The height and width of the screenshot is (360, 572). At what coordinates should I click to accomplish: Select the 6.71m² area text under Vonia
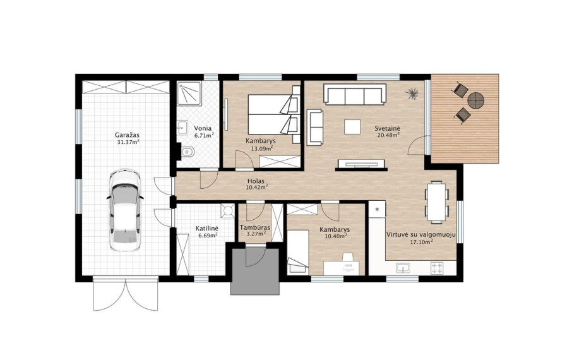coord(204,135)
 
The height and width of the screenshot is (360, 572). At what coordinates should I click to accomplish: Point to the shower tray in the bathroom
coord(189,93)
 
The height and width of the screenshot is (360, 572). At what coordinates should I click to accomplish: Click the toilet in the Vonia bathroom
coord(188,151)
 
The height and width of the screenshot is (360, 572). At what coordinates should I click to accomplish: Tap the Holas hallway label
coord(256,181)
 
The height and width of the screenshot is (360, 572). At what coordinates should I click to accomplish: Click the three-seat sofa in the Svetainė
coord(355,94)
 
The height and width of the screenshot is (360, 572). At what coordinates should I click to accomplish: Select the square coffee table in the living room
coord(352,127)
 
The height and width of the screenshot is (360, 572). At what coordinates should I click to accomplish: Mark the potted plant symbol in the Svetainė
coord(412,93)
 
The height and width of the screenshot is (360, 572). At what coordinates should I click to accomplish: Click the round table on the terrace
coord(475,100)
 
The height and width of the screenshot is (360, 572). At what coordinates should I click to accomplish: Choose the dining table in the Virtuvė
coord(437,201)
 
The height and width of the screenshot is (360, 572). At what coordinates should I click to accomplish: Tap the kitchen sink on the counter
coord(403,268)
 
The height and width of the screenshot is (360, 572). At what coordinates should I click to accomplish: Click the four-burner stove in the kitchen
coord(437,268)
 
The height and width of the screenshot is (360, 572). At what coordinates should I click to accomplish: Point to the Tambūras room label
coord(255,227)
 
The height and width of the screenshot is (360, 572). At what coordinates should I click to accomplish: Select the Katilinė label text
coord(207,229)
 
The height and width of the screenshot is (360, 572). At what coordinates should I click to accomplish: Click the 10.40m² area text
coord(335,236)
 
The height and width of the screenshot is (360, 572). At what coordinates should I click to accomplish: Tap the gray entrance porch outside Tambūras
coord(255,270)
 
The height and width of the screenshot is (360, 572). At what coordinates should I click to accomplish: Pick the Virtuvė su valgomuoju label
coord(421,235)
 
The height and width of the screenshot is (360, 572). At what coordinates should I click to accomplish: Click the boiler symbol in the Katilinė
coord(228,211)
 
